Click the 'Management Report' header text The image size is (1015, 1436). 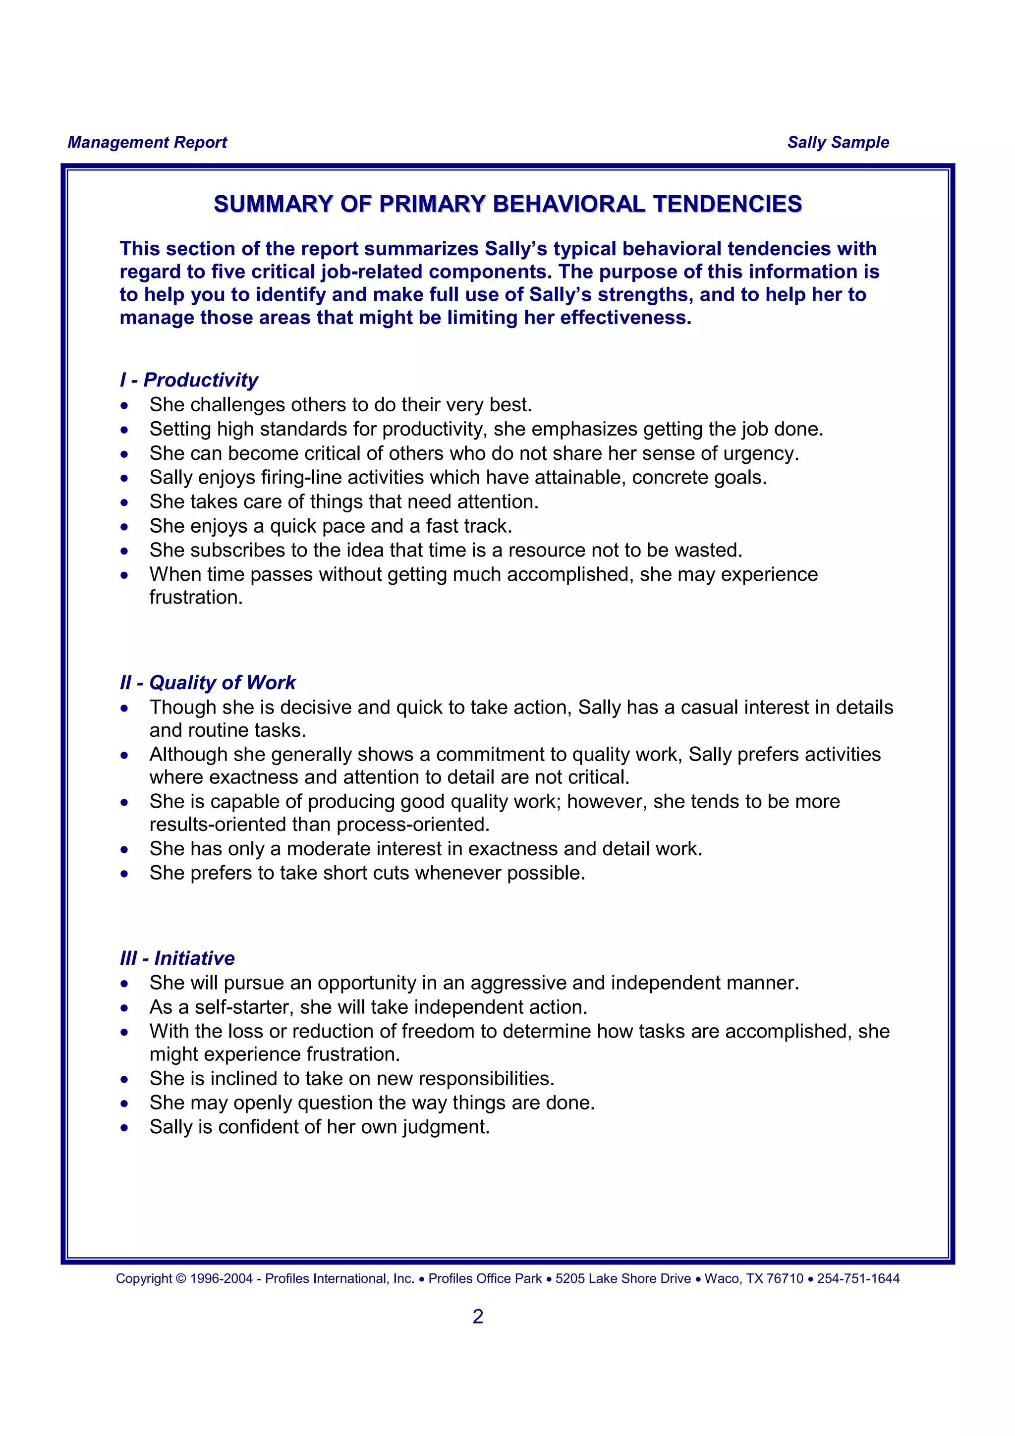(x=147, y=143)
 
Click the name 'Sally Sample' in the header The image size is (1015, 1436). (x=838, y=143)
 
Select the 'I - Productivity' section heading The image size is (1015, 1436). (x=189, y=380)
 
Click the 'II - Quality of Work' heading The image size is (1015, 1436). (x=208, y=682)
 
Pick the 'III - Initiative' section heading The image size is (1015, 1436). (x=177, y=958)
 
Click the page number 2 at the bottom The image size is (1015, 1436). (x=478, y=1316)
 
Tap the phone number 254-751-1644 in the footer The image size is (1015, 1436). (x=858, y=1278)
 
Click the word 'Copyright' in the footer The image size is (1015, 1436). (x=144, y=1278)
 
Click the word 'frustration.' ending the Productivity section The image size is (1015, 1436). (x=196, y=597)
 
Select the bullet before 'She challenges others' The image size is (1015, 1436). (x=124, y=406)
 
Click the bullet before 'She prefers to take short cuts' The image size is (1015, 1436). (x=124, y=874)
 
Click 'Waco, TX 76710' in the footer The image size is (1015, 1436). (x=754, y=1278)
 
